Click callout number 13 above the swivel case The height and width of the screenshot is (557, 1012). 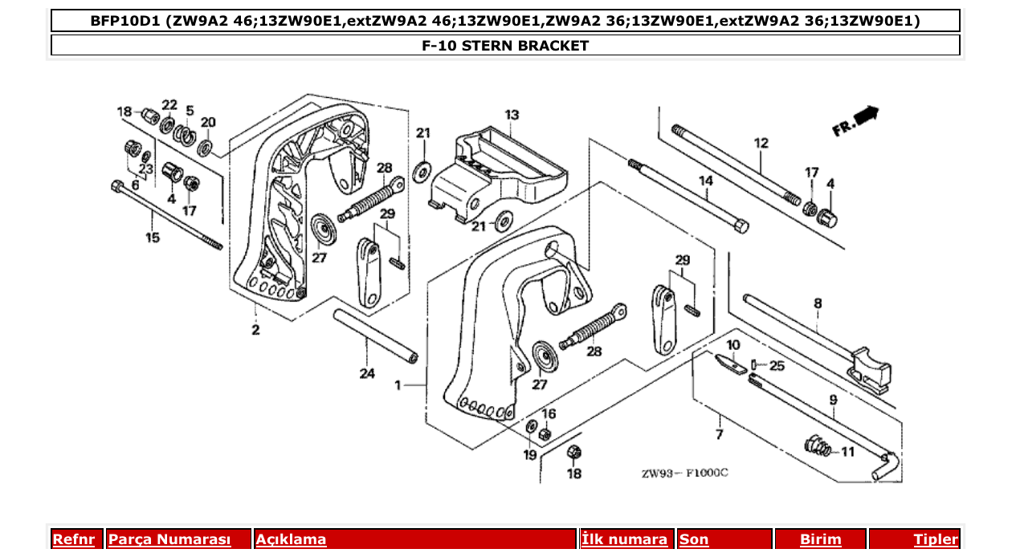click(512, 116)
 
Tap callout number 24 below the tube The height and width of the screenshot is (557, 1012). click(367, 373)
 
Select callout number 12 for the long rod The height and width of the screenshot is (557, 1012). click(761, 144)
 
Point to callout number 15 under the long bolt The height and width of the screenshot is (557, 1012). click(152, 238)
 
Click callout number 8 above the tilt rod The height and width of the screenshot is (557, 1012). click(818, 303)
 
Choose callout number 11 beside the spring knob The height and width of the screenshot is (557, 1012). click(847, 452)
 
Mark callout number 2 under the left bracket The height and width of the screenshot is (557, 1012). click(255, 330)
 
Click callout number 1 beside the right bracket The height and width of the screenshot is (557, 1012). click(398, 386)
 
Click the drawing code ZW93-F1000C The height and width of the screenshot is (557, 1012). click(684, 473)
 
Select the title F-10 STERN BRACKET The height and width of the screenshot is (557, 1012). click(505, 46)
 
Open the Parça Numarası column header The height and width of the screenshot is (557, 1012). click(169, 539)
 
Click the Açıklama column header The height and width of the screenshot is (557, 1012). click(291, 539)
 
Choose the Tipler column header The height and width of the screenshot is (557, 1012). click(936, 539)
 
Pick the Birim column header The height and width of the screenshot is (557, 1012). click(820, 539)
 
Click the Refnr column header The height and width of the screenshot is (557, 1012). click(73, 539)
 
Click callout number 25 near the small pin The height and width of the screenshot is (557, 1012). click(777, 366)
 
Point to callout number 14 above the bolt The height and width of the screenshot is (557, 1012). click(705, 181)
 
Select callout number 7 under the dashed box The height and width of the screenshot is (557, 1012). click(719, 434)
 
